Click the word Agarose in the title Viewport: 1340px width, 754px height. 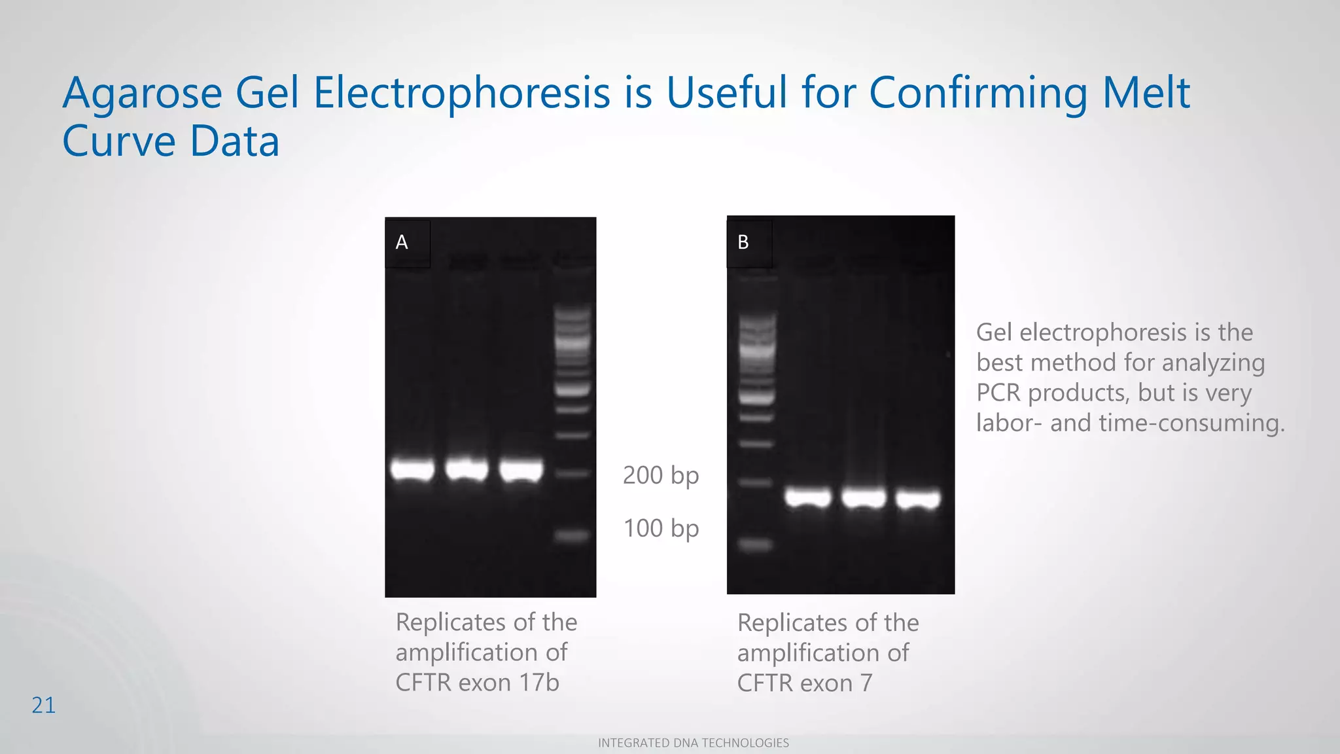pos(142,93)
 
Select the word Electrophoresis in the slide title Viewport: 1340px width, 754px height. pos(461,93)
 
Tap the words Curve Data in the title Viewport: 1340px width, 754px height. pos(171,141)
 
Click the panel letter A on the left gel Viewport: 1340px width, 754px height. pos(402,243)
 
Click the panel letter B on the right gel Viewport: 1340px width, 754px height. pos(743,243)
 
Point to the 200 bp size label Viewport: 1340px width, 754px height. pos(661,475)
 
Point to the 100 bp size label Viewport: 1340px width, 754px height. pos(661,528)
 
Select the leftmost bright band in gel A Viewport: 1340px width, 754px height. pos(412,470)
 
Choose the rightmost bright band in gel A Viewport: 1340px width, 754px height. pos(521,471)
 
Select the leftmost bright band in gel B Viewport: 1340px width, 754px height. pos(808,498)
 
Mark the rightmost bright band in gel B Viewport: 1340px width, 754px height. pos(918,500)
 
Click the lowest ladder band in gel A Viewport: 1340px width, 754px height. pos(573,536)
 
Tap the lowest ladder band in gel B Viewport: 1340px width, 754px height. pos(756,544)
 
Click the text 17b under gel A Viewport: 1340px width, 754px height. pos(539,683)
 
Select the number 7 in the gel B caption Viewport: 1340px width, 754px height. pos(866,683)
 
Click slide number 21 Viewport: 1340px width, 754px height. pos(44,706)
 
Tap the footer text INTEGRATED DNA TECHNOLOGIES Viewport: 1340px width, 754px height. pos(694,743)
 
